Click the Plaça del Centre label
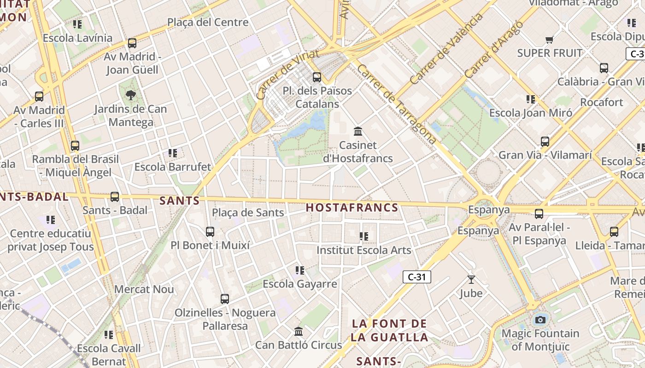[x=208, y=22]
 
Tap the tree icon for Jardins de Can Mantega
[x=131, y=95]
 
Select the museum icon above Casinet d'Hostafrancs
[x=358, y=132]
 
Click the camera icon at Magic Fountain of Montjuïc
[x=540, y=320]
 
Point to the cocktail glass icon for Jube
[x=471, y=279]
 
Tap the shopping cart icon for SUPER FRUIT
[x=549, y=40]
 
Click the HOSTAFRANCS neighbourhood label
[x=352, y=207]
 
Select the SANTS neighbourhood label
[x=180, y=201]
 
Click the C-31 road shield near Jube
[x=416, y=277]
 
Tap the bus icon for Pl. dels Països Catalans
[x=317, y=77]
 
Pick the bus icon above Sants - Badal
[x=115, y=197]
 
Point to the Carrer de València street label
[x=446, y=48]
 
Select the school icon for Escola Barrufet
[x=173, y=153]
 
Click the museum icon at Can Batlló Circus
[x=299, y=331]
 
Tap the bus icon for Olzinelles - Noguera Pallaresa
[x=225, y=299]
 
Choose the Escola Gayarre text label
[x=300, y=284]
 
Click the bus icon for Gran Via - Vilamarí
[x=545, y=142]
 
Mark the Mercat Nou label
[x=144, y=289]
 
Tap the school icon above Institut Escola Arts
[x=364, y=236]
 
